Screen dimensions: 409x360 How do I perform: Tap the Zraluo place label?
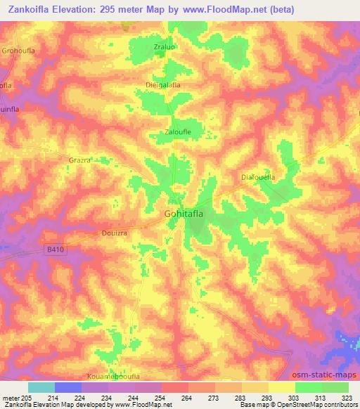(164, 47)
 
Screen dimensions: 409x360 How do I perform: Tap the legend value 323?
(347, 398)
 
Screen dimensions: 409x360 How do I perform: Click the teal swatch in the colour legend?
(41, 387)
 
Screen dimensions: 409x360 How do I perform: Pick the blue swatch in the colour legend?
(68, 387)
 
